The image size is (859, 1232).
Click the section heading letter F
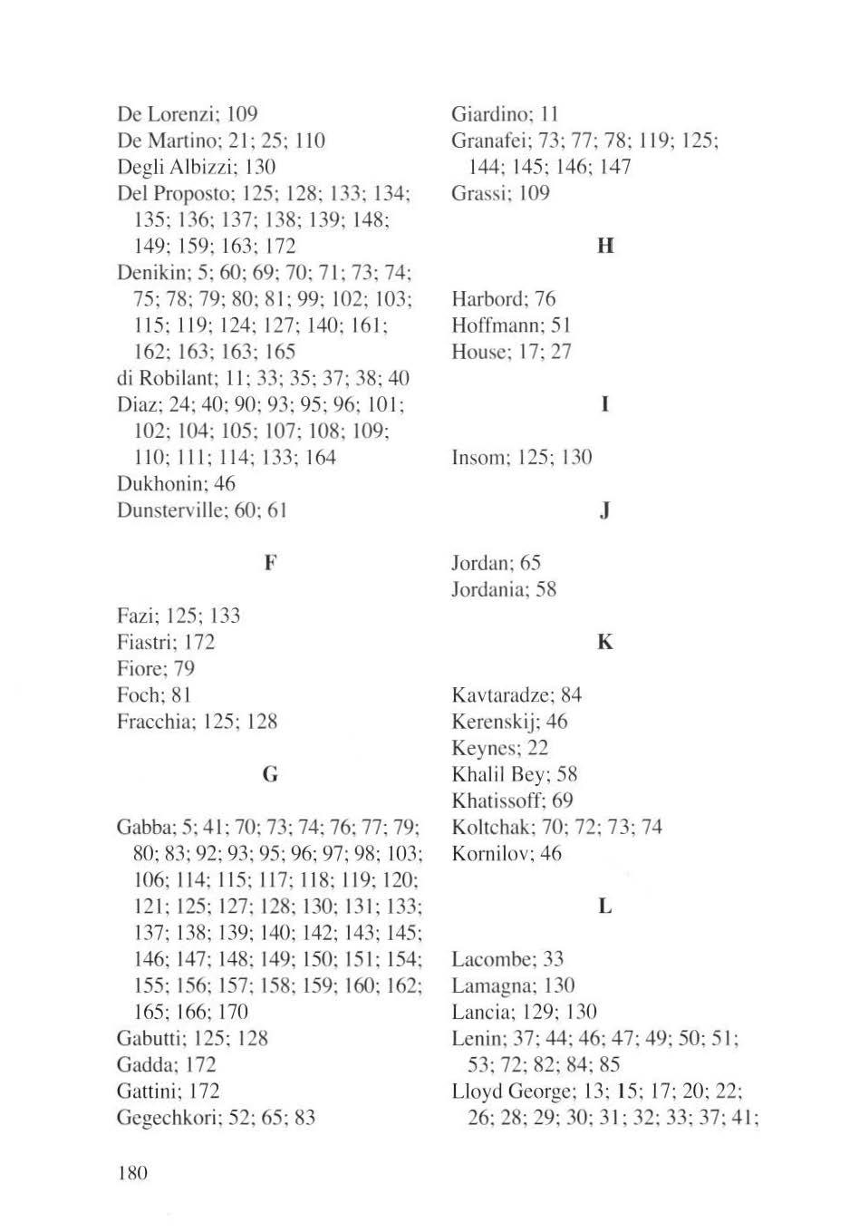pyautogui.click(x=270, y=563)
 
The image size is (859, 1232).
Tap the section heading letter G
pyautogui.click(x=270, y=775)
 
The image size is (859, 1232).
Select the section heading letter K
pyautogui.click(x=605, y=643)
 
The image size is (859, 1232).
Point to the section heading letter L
pyautogui.click(x=605, y=907)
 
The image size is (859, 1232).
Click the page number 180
pyautogui.click(x=132, y=1173)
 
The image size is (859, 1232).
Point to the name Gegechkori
pyautogui.click(x=168, y=1118)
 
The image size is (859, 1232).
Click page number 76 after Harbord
pyautogui.click(x=545, y=299)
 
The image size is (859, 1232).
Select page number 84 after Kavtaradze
pyautogui.click(x=571, y=695)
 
